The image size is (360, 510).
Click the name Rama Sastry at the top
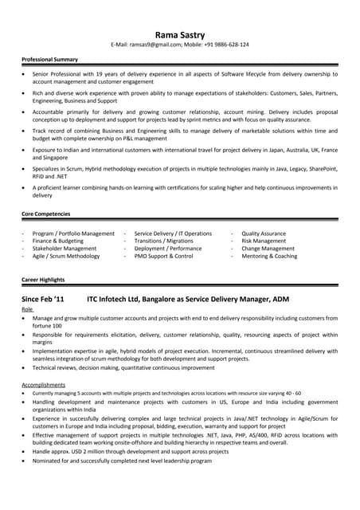179,34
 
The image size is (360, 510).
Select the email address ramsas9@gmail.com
157,45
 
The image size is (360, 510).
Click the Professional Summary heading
49,60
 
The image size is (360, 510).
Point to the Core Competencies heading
45,214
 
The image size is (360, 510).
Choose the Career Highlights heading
43,280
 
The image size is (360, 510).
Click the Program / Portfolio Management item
73,233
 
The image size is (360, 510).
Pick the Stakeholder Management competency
65,249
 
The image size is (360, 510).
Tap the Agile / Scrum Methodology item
66,257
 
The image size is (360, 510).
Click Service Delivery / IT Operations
173,233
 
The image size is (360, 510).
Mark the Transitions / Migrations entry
163,241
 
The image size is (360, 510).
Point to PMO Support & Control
163,257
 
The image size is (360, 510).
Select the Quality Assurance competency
264,233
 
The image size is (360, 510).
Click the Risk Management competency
264,241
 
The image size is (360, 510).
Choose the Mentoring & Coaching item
269,257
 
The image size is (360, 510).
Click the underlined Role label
27,309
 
